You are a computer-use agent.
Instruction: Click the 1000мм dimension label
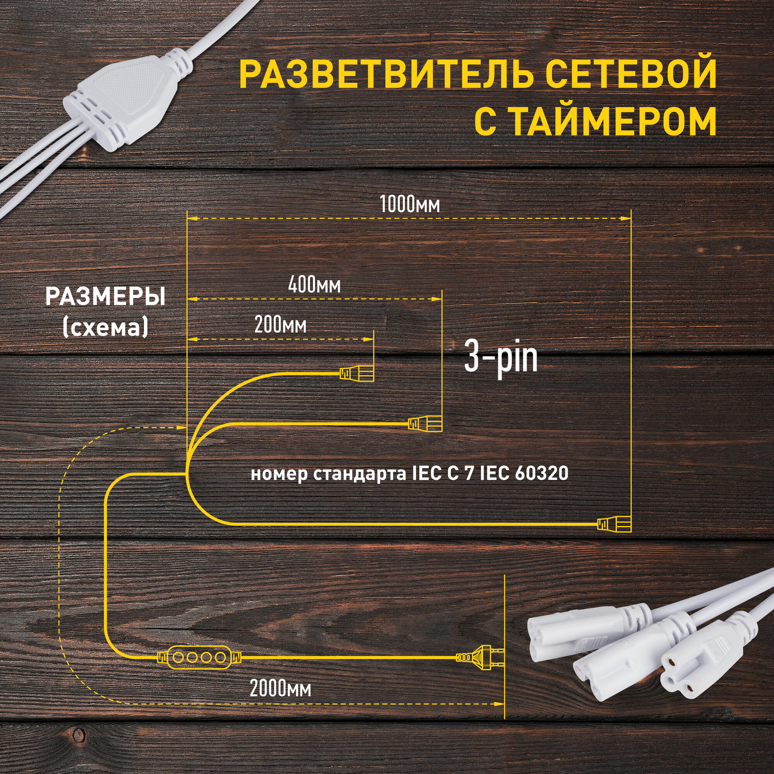click(x=409, y=204)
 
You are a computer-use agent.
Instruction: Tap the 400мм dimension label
click(x=314, y=285)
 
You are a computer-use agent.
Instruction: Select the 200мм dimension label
click(x=281, y=325)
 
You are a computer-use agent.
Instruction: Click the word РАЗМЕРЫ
click(x=105, y=297)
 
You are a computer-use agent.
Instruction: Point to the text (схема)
click(x=105, y=327)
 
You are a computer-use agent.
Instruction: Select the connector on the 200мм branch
click(x=356, y=374)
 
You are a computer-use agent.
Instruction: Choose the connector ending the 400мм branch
click(x=425, y=423)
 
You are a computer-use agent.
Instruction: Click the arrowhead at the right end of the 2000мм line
click(x=499, y=704)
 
